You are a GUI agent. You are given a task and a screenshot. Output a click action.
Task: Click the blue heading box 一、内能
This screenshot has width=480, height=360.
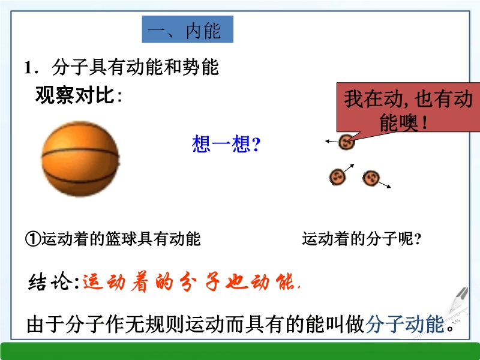(188, 29)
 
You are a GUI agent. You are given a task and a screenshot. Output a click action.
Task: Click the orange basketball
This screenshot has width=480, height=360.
(80, 159)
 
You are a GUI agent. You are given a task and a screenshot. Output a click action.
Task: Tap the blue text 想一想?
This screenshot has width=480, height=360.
(226, 144)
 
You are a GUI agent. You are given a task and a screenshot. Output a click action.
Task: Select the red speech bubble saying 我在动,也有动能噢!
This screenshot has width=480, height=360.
(408, 108)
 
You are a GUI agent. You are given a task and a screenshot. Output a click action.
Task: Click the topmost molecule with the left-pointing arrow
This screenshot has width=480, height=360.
(346, 142)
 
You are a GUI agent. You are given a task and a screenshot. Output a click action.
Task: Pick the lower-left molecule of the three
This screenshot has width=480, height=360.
(337, 177)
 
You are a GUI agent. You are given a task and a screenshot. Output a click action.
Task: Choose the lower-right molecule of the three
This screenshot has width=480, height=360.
(371, 178)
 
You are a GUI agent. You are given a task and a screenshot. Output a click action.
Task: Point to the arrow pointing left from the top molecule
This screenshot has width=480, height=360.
(332, 142)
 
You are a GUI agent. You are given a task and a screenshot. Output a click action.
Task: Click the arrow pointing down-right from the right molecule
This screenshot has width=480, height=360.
(385, 185)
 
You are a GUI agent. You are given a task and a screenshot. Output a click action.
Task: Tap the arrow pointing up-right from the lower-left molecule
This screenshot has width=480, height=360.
(349, 168)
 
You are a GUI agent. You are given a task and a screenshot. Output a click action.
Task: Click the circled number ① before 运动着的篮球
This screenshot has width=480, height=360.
(33, 239)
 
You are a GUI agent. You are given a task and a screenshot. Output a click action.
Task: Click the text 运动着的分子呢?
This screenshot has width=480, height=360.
(362, 239)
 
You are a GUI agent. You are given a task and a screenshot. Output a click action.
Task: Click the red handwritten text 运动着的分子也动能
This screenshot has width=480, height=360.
(191, 281)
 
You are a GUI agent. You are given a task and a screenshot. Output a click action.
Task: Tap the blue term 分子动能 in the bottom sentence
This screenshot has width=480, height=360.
(404, 323)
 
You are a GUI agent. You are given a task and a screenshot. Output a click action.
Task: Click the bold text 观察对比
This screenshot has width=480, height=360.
(75, 95)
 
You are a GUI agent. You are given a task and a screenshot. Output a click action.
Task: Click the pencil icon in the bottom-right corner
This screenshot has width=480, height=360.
(459, 299)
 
